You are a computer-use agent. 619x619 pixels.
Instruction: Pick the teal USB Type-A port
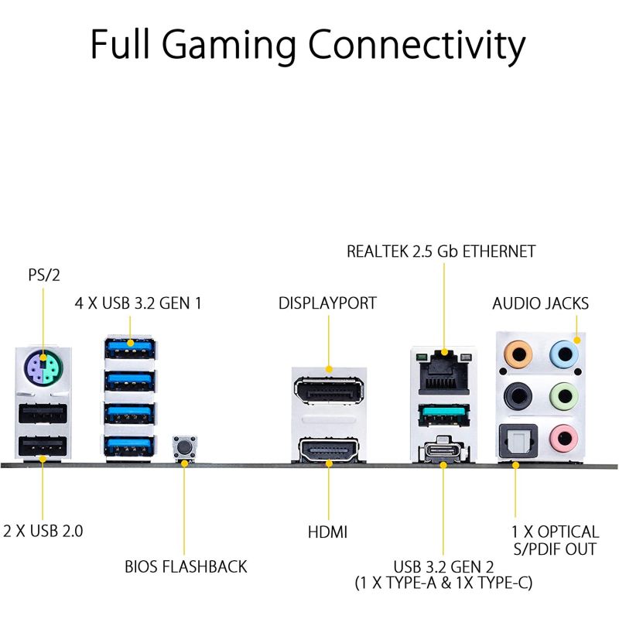444,415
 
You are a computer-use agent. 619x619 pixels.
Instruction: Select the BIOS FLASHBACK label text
186,566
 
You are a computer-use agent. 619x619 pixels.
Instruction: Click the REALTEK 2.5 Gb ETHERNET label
441,251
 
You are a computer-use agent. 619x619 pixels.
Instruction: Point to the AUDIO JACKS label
540,303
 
